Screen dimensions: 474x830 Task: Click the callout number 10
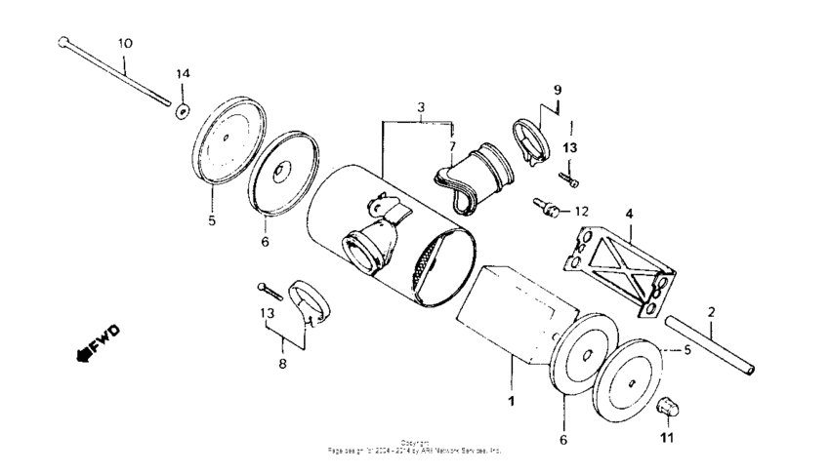click(125, 44)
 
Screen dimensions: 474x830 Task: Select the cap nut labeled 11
click(668, 406)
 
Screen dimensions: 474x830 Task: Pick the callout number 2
click(711, 312)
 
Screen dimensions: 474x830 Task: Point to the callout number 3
click(420, 105)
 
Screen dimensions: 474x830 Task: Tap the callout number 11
click(667, 439)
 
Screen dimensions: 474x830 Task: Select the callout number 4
click(629, 212)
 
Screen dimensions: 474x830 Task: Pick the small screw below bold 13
click(568, 179)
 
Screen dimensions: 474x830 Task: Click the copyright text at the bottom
click(415, 448)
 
